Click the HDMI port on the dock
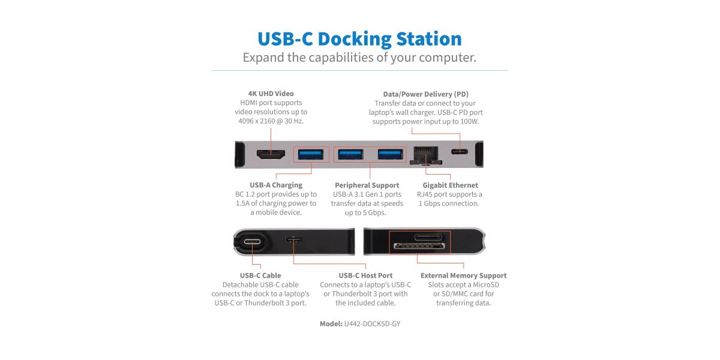tap(271, 155)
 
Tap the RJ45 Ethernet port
tap(426, 155)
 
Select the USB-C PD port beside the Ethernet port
tap(460, 151)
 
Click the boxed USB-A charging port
tap(311, 155)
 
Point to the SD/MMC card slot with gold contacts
tap(419, 246)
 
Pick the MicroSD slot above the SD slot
tap(428, 238)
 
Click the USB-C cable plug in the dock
tap(253, 242)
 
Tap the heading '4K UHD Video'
tap(271, 94)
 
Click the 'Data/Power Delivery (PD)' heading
tap(425, 94)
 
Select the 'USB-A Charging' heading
tap(276, 185)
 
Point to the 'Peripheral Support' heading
tap(367, 185)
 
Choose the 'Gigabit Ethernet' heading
tap(451, 185)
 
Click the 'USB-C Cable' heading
tap(260, 275)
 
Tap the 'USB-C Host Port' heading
tap(365, 275)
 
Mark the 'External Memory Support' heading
tap(463, 275)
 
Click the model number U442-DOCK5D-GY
tap(372, 323)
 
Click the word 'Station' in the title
tap(429, 39)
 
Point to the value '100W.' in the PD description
tap(470, 121)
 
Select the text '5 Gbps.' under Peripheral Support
tap(374, 212)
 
